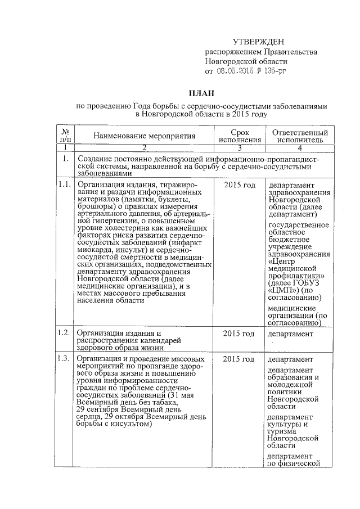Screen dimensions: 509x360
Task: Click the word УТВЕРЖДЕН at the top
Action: pos(259,42)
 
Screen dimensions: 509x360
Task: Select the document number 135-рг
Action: pos(275,71)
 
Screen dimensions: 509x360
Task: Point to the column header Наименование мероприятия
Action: pos(144,136)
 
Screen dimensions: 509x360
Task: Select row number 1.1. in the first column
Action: pos(65,185)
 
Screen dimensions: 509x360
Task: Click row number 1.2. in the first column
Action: pos(65,334)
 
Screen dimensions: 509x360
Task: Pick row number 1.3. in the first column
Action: pos(65,359)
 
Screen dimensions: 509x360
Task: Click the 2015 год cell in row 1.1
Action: pos(239,185)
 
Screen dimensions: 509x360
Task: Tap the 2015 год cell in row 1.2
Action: pos(239,334)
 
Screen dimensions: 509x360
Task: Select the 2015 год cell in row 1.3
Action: pos(239,359)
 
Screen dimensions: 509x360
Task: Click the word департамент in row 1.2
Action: pos(290,335)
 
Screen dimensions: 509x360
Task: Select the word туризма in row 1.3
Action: pos(283,429)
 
